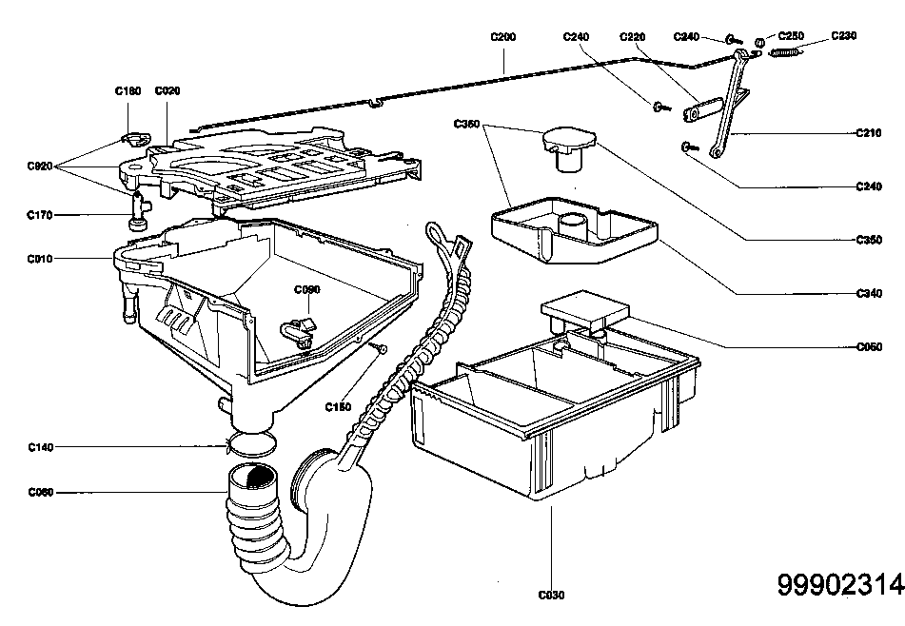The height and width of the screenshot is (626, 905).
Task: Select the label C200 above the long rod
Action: click(x=503, y=36)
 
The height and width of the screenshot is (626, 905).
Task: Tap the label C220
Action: click(x=632, y=36)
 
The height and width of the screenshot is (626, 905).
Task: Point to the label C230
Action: click(x=843, y=35)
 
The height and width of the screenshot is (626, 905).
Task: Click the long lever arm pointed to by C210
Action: click(x=728, y=105)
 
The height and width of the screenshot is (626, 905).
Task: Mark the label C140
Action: click(x=40, y=446)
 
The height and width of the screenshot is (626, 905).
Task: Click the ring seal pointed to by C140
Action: click(x=252, y=442)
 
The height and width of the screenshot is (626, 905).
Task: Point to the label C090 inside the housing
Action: click(x=306, y=289)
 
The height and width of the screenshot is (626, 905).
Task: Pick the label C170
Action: click(x=39, y=215)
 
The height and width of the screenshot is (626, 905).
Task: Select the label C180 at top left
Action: click(x=128, y=91)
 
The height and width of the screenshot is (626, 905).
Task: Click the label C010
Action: click(x=39, y=258)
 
